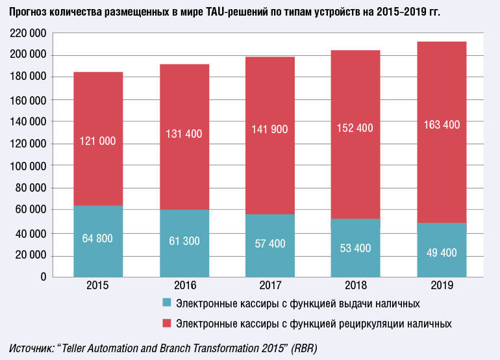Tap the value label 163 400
click(442, 125)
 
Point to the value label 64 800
click(98, 238)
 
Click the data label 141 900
click(269, 130)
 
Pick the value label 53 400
click(355, 248)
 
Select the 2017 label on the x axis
click(269, 285)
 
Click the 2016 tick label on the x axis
click(184, 285)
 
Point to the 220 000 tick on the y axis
click(28, 33)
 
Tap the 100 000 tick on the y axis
click(28, 166)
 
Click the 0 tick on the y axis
click(42, 277)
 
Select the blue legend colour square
click(167, 303)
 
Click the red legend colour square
click(167, 323)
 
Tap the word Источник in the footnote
click(31, 348)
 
